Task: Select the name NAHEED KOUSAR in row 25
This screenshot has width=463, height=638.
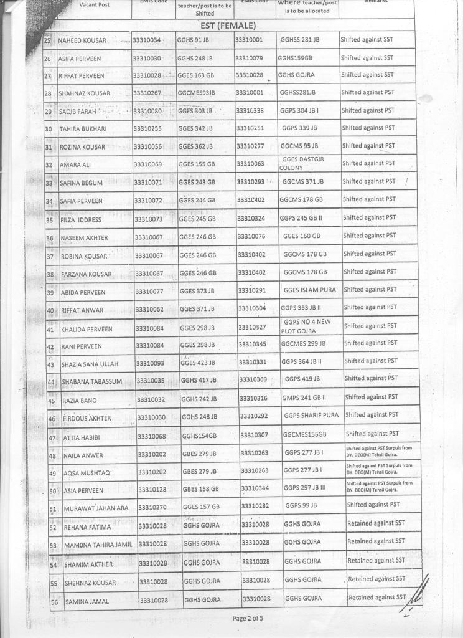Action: pyautogui.click(x=82, y=41)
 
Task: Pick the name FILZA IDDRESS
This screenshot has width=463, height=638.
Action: pyautogui.click(x=81, y=220)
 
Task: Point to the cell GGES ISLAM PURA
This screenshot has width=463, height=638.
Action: pyautogui.click(x=309, y=290)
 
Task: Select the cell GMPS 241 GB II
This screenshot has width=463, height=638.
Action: pyautogui.click(x=304, y=398)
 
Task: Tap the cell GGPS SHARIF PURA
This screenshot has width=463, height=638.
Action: pyautogui.click(x=311, y=416)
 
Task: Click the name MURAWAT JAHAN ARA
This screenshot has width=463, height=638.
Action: pyautogui.click(x=96, y=508)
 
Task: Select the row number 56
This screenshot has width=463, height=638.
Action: pyautogui.click(x=54, y=602)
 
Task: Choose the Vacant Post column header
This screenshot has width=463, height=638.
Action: pyautogui.click(x=95, y=5)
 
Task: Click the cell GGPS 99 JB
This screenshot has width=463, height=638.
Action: pyautogui.click(x=301, y=505)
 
